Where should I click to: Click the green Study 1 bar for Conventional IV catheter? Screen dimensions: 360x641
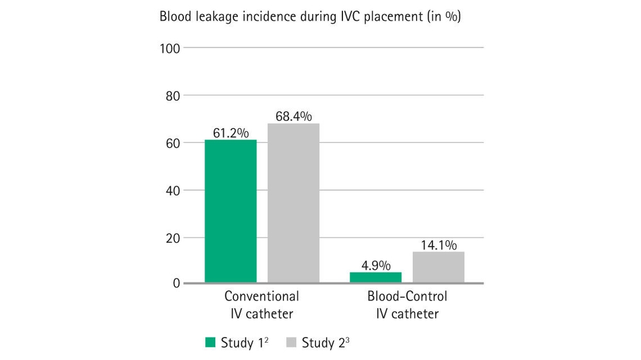[230, 211]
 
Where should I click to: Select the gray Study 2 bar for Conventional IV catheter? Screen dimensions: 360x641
[293, 202]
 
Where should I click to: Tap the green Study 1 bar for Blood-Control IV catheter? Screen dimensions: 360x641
[375, 277]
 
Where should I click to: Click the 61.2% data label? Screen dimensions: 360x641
[230, 133]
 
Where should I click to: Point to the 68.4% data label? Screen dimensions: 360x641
[293, 117]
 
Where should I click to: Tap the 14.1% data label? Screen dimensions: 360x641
[438, 245]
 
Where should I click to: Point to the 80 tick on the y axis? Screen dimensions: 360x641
[173, 95]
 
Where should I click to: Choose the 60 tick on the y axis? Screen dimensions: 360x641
[173, 143]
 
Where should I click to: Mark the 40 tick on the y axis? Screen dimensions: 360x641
[173, 190]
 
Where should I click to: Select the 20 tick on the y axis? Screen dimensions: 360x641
[173, 238]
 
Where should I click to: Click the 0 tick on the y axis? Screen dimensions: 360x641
[176, 283]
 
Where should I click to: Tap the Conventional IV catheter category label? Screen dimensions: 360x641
[262, 305]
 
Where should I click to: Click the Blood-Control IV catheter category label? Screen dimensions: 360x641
[407, 305]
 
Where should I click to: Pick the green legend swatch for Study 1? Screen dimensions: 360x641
[210, 342]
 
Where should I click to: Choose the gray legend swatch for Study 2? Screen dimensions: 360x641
[291, 342]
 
